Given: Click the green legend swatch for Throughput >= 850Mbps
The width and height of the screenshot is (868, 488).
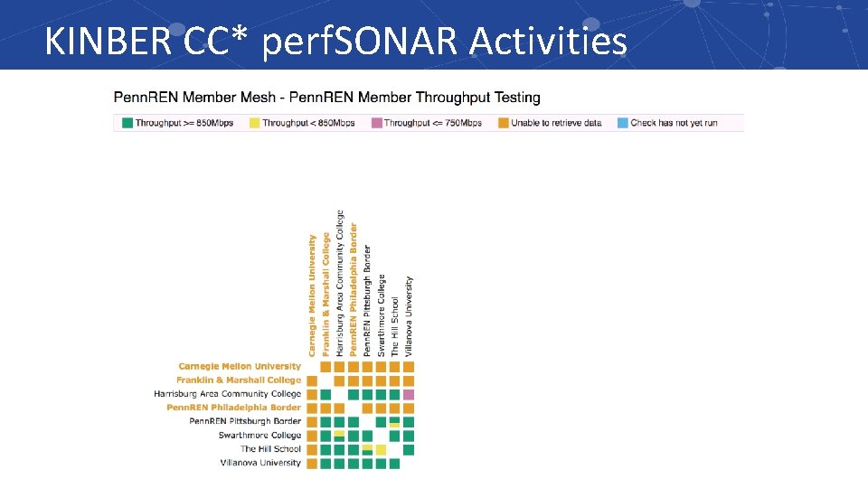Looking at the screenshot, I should [x=127, y=123].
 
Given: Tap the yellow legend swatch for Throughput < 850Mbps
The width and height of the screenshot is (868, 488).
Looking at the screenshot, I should [x=254, y=123].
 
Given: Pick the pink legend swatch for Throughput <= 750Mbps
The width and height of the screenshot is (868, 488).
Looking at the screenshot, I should [x=377, y=123].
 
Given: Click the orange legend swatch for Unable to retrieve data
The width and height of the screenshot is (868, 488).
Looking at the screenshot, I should [x=504, y=123].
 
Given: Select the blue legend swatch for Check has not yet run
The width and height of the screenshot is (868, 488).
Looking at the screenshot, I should [x=622, y=123].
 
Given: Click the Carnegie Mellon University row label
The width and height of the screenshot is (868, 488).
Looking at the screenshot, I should [x=240, y=367].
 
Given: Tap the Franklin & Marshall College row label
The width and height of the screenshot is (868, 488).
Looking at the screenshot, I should [x=239, y=380].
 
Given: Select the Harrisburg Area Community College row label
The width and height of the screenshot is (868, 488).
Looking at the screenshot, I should [x=228, y=394].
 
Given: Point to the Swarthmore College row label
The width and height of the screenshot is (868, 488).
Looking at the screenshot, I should [x=259, y=436].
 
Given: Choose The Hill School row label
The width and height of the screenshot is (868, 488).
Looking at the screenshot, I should [x=270, y=449].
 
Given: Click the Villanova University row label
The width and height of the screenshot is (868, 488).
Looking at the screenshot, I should [x=260, y=463].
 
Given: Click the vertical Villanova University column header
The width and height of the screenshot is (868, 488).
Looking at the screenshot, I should [x=409, y=316].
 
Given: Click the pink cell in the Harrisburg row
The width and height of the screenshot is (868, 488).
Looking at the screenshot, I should [x=409, y=395].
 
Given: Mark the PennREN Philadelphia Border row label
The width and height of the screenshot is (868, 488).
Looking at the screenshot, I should [x=233, y=408].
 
